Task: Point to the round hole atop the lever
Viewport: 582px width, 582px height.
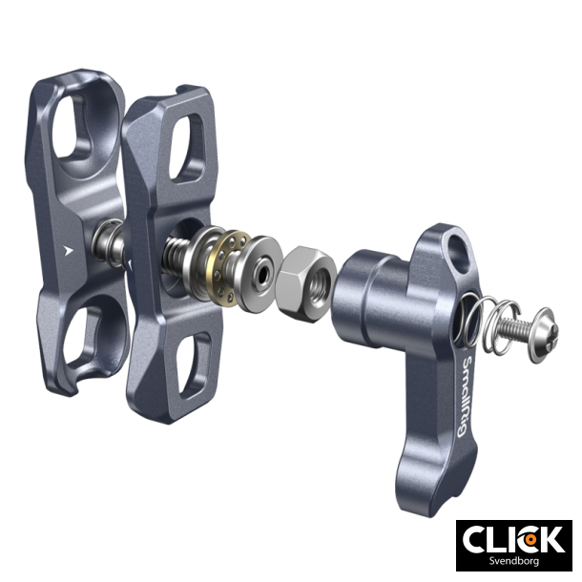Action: [463, 251]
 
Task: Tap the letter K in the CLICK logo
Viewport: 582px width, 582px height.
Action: [551, 540]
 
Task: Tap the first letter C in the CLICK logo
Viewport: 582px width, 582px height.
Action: [476, 540]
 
